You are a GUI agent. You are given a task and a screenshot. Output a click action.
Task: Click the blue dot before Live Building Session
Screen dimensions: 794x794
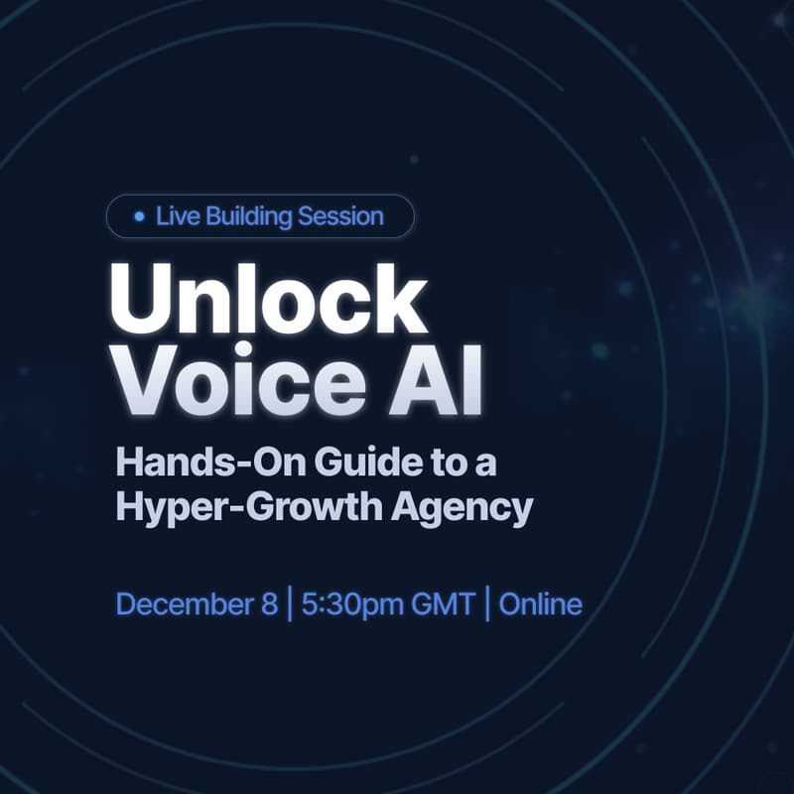139,215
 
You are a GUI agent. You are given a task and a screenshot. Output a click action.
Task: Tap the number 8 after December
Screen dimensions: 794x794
269,603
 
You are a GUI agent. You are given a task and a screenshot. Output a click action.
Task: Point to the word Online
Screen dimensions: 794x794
540,603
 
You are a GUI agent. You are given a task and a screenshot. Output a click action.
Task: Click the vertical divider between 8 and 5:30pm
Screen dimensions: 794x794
289,603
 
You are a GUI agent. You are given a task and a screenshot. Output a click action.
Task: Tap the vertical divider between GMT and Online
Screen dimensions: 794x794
487,603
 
